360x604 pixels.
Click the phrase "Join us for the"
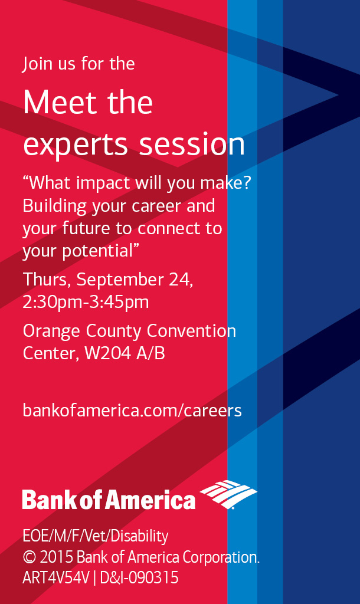(78, 63)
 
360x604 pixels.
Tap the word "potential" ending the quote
(98, 251)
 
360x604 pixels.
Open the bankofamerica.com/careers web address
(132, 410)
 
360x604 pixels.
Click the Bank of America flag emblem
(228, 494)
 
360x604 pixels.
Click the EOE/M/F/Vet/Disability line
(95, 536)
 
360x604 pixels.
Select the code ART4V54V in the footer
(55, 577)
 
